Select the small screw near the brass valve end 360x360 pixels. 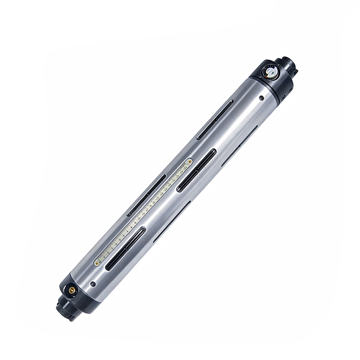93,284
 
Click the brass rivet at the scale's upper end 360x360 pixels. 190,161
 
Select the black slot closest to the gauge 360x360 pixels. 216,119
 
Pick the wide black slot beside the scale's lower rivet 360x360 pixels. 125,248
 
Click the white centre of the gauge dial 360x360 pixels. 271,71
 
